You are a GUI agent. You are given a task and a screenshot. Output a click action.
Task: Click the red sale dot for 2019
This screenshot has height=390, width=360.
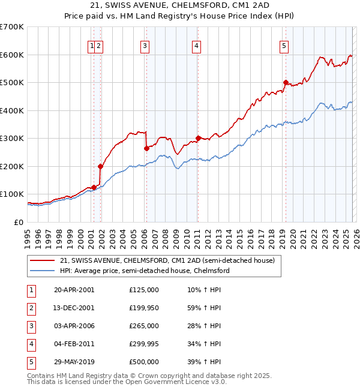pos(286,83)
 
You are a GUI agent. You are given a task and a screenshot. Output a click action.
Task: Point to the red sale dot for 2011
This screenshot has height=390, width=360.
pos(198,138)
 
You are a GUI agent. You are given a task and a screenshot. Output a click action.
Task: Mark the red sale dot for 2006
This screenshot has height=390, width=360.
pos(146,148)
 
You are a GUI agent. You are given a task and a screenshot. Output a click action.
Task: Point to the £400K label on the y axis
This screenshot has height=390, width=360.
pos(12,110)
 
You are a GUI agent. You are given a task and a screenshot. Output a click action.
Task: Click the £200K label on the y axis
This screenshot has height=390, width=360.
pos(12,166)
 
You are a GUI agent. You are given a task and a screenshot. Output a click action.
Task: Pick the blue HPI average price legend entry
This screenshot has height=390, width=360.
pos(144,271)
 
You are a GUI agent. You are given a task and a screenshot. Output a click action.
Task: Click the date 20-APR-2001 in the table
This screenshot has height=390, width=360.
pos(74,290)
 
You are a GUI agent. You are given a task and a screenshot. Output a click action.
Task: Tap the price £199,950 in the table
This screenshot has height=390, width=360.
pos(144,308)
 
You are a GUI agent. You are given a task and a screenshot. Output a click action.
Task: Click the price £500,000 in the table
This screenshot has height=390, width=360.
pos(144,362)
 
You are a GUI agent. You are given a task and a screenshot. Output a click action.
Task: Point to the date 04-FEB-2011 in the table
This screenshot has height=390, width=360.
pos(74,344)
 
